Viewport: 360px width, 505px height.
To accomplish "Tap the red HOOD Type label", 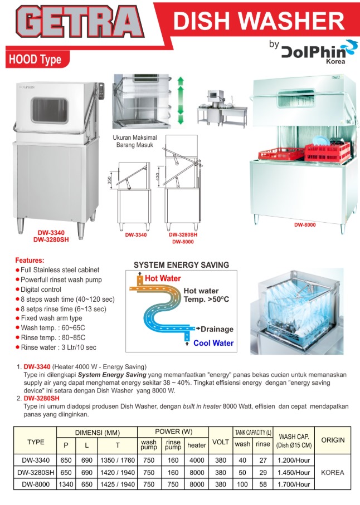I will click(35, 60).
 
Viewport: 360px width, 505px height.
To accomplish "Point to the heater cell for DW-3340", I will click(196, 460).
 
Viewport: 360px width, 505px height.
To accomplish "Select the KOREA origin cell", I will click(333, 472).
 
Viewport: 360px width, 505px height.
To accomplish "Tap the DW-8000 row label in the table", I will click(36, 484).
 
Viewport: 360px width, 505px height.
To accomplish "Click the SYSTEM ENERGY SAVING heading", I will click(181, 265).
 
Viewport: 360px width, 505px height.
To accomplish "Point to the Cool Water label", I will click(213, 343).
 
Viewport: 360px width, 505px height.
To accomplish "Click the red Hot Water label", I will click(163, 278).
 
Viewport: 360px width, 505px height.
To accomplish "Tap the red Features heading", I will click(30, 260).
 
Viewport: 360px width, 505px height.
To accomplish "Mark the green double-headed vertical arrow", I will click(180, 101).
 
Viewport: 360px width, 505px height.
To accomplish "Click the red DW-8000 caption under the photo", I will click(305, 225).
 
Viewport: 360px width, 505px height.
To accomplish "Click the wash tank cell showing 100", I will click(242, 484).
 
